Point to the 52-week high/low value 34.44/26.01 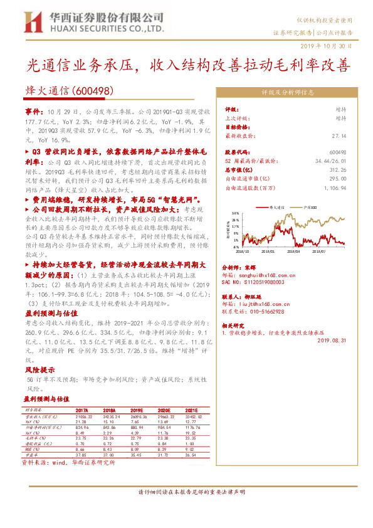click(x=330, y=161)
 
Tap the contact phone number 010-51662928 click(x=267, y=311)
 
